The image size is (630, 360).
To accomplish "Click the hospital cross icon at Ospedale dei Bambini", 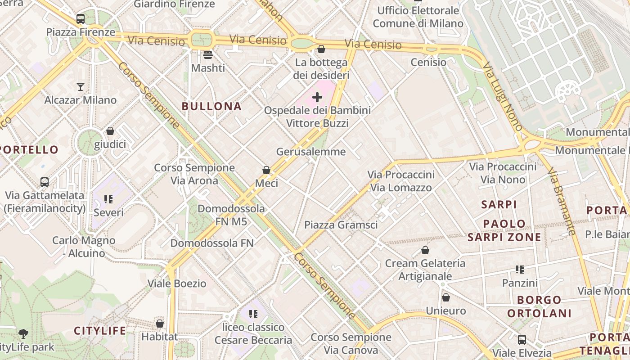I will tap(317, 97).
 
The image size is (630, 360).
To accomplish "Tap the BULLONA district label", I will tap(211, 107).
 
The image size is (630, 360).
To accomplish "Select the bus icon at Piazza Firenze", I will tap(81, 19).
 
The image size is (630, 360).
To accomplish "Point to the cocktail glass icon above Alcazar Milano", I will tap(81, 86).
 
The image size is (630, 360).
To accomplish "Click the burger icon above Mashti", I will tap(208, 55).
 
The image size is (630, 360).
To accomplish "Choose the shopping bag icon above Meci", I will tap(266, 170).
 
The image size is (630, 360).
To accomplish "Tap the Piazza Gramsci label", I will tap(341, 225).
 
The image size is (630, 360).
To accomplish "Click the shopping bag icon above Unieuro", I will tap(446, 297).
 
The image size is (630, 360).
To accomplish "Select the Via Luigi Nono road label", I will tap(503, 96).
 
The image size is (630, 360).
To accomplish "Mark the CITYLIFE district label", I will tap(100, 331).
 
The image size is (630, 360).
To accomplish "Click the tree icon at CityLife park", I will tap(23, 334).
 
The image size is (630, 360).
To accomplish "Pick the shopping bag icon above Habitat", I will tap(160, 324).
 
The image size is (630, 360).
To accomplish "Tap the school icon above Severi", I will tap(108, 199).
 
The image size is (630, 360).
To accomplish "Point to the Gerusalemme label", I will tap(311, 152).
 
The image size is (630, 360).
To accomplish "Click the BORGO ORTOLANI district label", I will tap(540, 306).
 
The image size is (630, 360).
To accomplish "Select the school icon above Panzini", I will tap(520, 270).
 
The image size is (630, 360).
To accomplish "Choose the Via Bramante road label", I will tap(562, 201).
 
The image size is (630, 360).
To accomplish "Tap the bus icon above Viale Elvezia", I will tap(522, 339).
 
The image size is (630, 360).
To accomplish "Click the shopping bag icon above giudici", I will tap(110, 131).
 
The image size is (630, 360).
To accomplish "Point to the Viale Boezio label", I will tap(177, 283).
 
